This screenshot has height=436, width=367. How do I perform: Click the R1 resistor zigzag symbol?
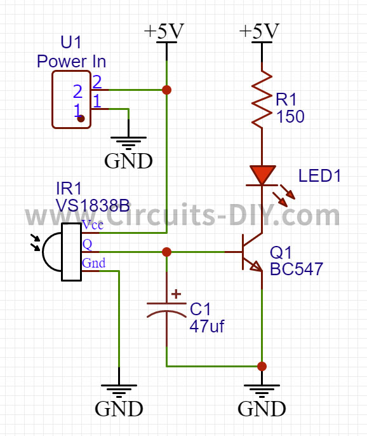tap(262, 99)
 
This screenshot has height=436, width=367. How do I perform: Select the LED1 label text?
tap(319, 175)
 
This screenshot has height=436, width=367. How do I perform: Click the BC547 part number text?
tap(296, 269)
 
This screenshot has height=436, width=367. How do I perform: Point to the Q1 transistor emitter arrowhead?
tap(257, 266)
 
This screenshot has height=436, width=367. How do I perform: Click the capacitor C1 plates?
tap(166, 310)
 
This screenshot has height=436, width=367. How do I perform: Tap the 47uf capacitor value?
tap(207, 326)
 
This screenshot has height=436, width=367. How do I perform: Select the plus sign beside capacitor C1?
tap(176, 294)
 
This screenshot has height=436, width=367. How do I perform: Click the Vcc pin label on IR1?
tap(93, 225)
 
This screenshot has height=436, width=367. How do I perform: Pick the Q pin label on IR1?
tap(87, 245)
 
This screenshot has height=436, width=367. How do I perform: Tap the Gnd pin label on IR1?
tap(93, 262)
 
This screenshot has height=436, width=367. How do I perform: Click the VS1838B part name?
tap(93, 206)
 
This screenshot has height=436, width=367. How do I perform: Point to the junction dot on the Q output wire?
tap(166, 252)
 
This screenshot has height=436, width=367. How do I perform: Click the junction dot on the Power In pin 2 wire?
tap(166, 90)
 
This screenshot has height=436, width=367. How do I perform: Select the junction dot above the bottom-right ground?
tap(262, 366)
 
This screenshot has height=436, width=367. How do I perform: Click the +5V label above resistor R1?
tap(259, 31)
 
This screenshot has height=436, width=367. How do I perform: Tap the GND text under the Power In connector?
tap(128, 161)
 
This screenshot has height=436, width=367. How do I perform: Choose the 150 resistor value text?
tap(290, 116)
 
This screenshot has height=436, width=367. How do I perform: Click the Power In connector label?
tap(71, 61)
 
